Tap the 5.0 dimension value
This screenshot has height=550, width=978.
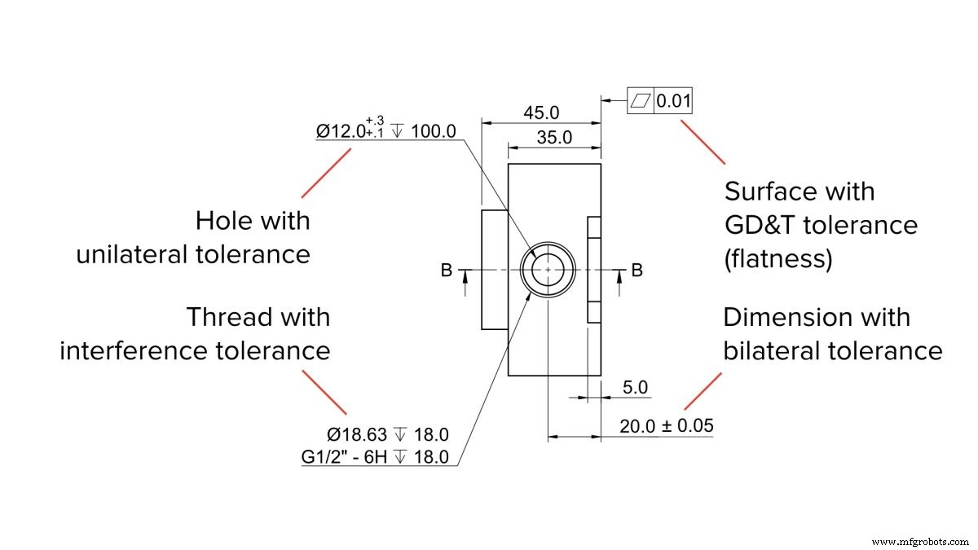(635, 388)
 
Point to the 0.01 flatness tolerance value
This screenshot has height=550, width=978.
(674, 102)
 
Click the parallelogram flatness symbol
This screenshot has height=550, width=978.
(641, 102)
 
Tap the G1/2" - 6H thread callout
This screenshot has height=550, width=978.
(346, 456)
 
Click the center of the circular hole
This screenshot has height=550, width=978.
(548, 269)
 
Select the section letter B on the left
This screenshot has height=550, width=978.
(446, 270)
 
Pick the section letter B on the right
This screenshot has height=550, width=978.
(637, 270)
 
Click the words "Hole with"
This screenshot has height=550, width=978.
(253, 220)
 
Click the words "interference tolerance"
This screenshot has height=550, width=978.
(195, 350)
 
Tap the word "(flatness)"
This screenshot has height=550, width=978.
(778, 258)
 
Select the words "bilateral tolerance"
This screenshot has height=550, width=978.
(832, 350)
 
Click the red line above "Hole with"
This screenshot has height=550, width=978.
(327, 173)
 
